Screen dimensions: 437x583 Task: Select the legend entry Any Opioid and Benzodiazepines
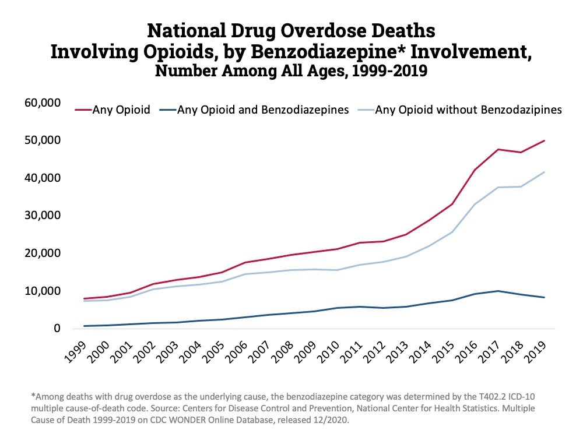click(263, 110)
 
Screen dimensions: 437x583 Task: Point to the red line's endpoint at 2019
click(544, 140)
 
